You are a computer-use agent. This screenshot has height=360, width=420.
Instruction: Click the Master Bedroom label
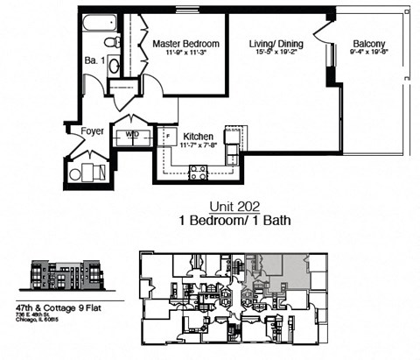[185, 42]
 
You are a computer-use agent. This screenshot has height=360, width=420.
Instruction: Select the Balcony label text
[365, 43]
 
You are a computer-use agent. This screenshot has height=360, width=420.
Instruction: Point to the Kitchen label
[199, 137]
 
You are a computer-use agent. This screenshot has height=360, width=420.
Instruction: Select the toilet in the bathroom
[111, 42]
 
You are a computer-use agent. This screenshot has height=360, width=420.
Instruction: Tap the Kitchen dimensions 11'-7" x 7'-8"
[199, 147]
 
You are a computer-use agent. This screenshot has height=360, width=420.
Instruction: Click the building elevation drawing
[66, 275]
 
